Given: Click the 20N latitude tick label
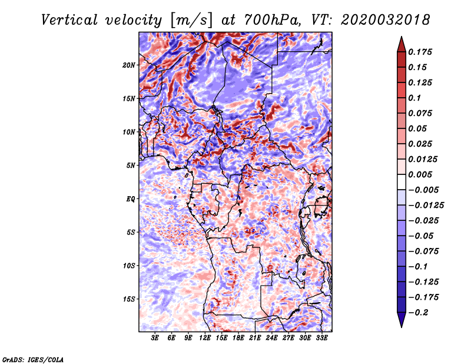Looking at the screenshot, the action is tap(129, 65).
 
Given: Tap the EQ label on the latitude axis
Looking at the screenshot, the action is tap(130, 199).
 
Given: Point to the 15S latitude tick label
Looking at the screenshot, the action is tap(129, 299).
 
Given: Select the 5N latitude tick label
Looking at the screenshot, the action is tap(131, 166).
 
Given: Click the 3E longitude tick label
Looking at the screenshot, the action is tap(155, 337).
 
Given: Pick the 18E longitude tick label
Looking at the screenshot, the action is tap(238, 337).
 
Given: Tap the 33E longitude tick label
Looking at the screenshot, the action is tap(321, 337).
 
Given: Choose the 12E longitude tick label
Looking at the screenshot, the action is tap(205, 337).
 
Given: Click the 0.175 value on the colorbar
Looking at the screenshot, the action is tap(420, 52).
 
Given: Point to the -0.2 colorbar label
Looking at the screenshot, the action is tap(418, 313).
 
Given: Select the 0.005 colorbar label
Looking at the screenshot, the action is tap(420, 174).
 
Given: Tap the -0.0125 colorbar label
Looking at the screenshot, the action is tap(426, 206).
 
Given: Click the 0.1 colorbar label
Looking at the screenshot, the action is tap(414, 98).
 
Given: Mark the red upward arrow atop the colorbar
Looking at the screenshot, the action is tap(402, 44).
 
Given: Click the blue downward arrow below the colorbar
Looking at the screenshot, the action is tap(402, 320).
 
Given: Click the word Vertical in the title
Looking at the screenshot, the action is tap(69, 20).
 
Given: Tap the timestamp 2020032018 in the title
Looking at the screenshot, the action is tap(386, 20).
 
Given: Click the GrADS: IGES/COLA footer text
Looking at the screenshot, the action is tap(33, 359).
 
